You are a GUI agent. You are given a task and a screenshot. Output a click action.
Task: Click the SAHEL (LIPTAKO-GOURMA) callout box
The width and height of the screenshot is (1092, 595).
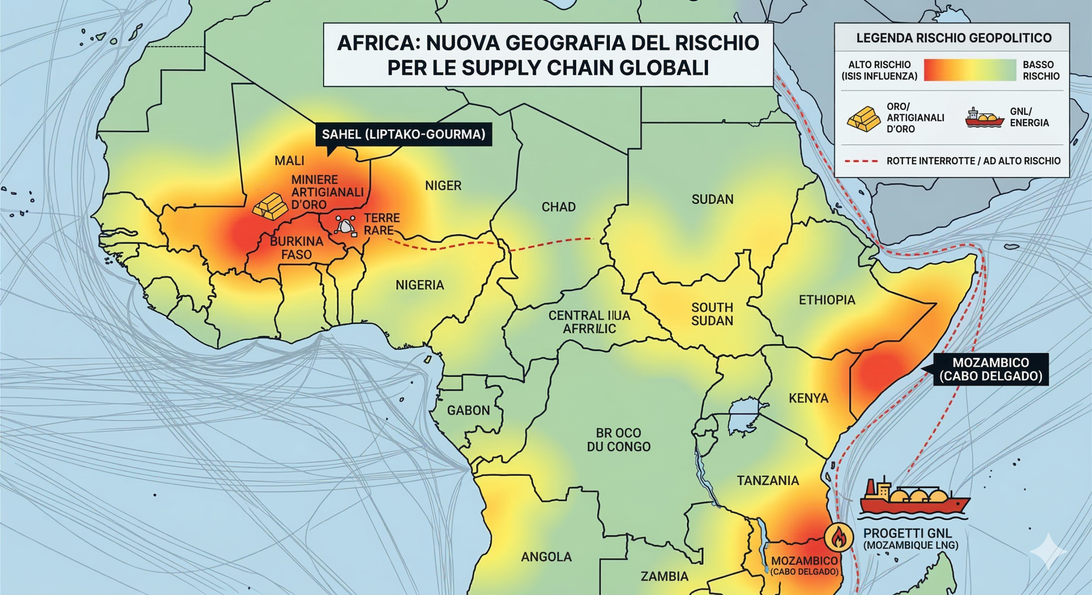coord(403,134)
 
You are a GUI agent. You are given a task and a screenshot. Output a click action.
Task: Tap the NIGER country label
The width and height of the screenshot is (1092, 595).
coord(443,185)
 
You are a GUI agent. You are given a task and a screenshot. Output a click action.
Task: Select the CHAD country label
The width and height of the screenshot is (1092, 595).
coord(558,207)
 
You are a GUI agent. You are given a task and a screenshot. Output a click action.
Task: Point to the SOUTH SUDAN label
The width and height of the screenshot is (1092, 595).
coord(712,314)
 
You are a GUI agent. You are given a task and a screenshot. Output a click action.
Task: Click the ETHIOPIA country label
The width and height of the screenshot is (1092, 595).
coord(827,300)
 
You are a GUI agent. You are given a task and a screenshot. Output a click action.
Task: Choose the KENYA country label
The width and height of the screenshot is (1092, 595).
coord(808,398)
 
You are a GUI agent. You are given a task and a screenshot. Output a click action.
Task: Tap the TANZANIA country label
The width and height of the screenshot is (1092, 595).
coord(768,480)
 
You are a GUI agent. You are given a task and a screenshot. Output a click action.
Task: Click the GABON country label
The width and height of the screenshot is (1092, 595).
coord(468,410)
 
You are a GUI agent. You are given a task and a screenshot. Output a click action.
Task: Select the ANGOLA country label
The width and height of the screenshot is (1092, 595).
coord(546,556)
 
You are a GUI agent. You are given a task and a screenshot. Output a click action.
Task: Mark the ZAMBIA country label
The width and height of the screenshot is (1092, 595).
coord(665,576)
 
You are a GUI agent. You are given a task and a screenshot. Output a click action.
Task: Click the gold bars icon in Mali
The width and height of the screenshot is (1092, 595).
coord(270,206)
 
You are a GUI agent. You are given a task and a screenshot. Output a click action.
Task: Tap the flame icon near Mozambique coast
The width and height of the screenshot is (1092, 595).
coord(838,537)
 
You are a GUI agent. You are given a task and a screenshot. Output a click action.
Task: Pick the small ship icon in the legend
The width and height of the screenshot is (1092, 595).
coord(984,118)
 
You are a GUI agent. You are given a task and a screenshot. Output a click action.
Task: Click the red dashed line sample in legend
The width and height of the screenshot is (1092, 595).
coord(861,161)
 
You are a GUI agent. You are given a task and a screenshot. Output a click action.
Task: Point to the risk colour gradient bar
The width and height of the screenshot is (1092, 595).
coord(970,70)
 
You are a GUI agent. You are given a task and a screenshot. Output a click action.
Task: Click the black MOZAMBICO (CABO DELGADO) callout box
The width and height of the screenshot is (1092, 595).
coord(990,369)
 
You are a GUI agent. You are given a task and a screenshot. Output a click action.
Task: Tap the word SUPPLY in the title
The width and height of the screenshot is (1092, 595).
coord(501,67)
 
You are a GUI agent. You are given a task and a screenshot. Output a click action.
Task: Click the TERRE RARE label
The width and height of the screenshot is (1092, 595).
coord(381,224)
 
